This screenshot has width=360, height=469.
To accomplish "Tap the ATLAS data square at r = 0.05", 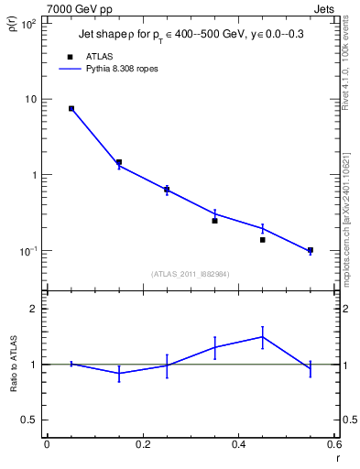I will point(71,108).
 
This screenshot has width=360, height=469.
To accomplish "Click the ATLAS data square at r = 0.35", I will point(214,221).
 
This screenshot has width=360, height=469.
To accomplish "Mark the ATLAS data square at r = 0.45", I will point(262,240).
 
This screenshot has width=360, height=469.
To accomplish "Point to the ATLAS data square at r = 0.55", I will point(311,250).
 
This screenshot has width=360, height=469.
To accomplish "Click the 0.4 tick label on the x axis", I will point(238,444).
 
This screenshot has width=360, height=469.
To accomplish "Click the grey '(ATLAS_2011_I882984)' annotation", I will point(191,273).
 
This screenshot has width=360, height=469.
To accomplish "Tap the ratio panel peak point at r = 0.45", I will point(262,336).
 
